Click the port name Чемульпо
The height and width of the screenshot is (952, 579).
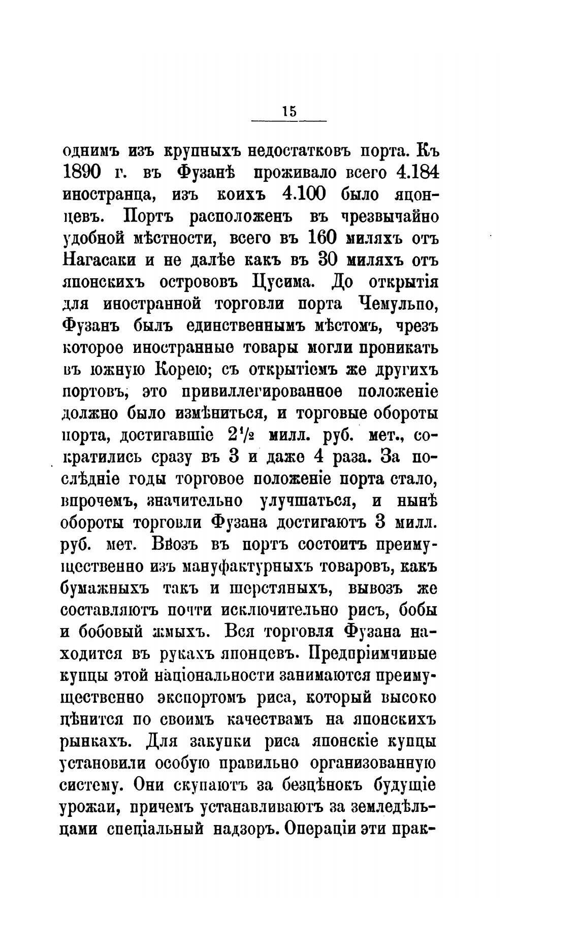394,305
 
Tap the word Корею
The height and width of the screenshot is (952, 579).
180,371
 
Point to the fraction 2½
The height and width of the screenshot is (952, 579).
241,436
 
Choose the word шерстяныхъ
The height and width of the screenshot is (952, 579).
272,589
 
